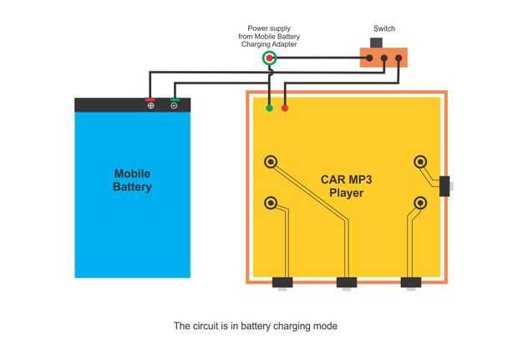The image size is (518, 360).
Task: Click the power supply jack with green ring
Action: tap(268, 58)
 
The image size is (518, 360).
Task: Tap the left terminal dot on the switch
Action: tap(369, 58)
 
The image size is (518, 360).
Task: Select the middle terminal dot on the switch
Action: tap(384, 58)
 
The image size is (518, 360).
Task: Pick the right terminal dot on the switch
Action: tap(399, 58)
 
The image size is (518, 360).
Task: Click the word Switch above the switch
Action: tap(384, 29)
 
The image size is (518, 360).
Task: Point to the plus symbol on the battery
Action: tap(150, 105)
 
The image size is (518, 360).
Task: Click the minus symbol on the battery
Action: tap(175, 105)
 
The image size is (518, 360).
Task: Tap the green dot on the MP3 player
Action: tap(269, 108)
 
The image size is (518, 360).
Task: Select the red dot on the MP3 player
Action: tap(285, 108)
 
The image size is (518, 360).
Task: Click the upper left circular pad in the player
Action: tap(271, 162)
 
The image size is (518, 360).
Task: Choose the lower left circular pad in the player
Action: tap(271, 203)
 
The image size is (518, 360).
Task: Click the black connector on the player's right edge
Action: tap(444, 185)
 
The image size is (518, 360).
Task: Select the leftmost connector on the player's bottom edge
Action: tap(283, 282)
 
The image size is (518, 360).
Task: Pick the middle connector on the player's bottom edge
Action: tap(347, 282)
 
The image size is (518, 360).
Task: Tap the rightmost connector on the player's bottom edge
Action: tap(410, 282)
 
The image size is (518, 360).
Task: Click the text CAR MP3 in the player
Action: tap(346, 179)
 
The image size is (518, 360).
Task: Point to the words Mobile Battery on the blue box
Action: tap(132, 180)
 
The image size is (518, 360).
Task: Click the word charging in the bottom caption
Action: tap(289, 326)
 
